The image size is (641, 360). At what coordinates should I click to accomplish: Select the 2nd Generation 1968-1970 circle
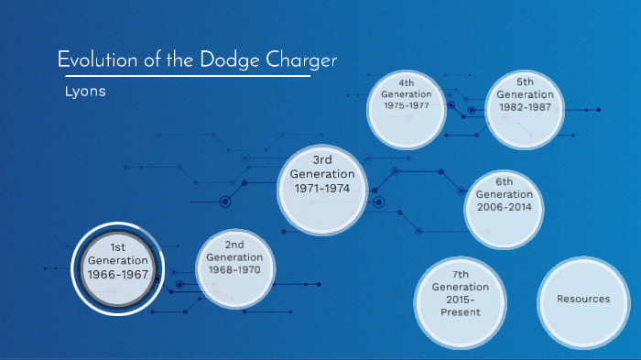point(235,266)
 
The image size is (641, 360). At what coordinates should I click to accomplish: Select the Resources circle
point(583,299)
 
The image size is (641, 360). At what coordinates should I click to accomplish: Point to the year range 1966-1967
point(117,275)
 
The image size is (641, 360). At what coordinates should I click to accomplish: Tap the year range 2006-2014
point(504,207)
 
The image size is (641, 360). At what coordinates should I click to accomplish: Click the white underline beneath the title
point(183,75)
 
